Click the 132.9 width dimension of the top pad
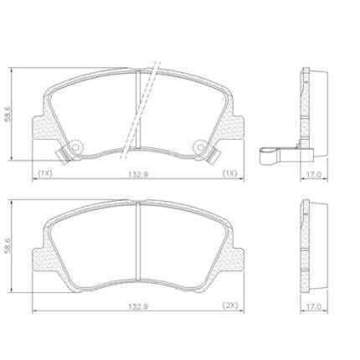pos(138,174)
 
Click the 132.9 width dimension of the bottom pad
pos(138,306)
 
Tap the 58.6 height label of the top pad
pos(8,114)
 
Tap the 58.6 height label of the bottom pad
pos(8,246)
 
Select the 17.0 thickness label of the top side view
pos(314,174)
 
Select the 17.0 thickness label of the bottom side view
pos(314,306)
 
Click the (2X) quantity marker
pos(230,306)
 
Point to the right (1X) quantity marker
pos(229,173)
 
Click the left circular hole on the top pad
pos(75,147)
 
